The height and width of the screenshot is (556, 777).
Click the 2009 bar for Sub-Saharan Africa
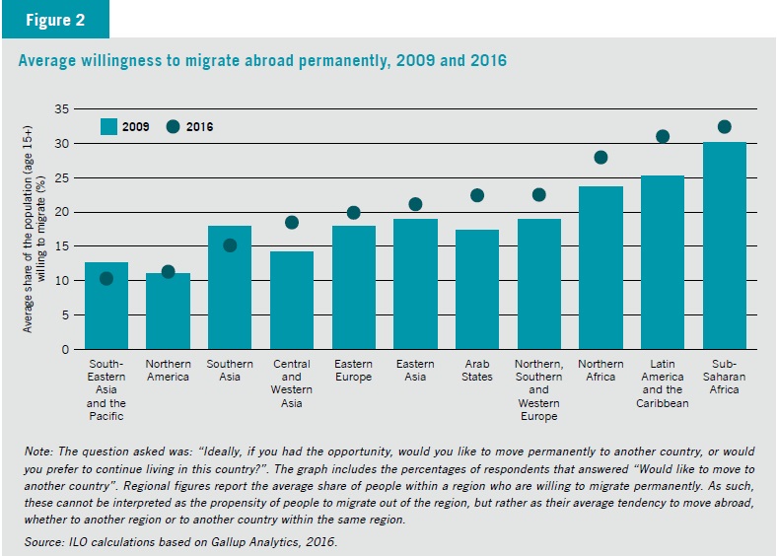coord(724,245)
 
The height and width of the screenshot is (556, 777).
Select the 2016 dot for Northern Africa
coord(600,158)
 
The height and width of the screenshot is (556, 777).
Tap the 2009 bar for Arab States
coord(477,290)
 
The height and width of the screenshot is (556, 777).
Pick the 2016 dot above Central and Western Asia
coord(292,223)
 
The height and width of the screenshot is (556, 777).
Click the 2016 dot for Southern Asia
coord(230,245)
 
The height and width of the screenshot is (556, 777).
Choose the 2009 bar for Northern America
coord(168,312)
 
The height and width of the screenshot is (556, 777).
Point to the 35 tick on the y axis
coord(62,109)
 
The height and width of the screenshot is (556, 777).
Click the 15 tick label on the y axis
coord(62,246)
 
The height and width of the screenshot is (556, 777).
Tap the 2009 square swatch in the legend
coord(108,127)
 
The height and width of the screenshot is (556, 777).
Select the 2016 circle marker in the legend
coord(173,127)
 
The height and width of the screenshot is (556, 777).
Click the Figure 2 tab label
coord(55,20)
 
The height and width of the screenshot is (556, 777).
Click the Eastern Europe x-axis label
coord(353,370)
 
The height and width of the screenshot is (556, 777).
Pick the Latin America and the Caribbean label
coord(663,383)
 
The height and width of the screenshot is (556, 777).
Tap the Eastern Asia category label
coord(415,370)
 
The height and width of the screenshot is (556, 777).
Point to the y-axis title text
coord(34,229)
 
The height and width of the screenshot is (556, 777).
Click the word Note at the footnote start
coord(38,452)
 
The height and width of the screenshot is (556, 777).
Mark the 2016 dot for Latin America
coord(663,136)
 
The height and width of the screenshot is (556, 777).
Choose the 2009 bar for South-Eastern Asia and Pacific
coord(106,306)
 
